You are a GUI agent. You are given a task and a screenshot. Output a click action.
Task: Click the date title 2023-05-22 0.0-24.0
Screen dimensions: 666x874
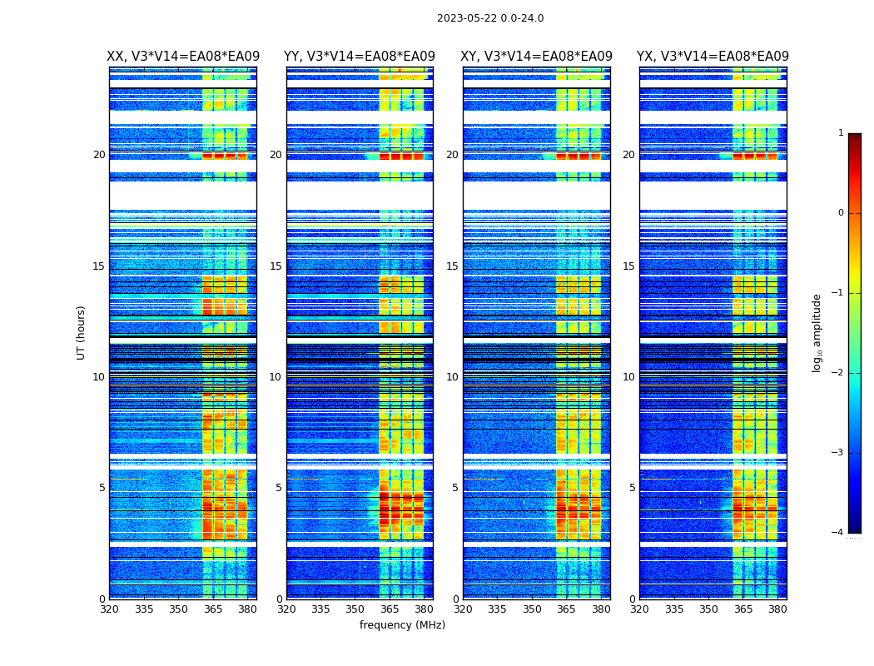coord(490,18)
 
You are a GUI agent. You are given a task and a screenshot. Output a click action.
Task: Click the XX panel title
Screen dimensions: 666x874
coord(183,57)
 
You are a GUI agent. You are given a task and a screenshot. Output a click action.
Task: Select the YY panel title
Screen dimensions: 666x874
coord(360,57)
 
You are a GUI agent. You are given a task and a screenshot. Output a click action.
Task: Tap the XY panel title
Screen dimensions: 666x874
coord(537,57)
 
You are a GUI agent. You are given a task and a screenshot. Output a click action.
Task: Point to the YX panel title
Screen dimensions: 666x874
coord(713,57)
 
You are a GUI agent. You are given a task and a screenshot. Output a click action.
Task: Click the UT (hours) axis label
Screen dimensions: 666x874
coord(82,333)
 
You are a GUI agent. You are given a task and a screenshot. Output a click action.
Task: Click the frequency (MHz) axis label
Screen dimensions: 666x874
coord(402,625)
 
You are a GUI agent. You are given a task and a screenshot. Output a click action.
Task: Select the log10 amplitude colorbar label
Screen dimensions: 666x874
coord(817,333)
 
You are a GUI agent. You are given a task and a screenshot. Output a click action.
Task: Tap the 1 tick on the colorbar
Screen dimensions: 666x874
coord(841,133)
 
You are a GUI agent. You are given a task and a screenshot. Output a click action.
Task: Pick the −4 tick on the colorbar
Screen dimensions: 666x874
coord(838,533)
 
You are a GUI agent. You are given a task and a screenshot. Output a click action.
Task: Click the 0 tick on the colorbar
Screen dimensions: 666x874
coord(841,213)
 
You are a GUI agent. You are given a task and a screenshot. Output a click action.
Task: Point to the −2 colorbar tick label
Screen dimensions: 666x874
coord(838,373)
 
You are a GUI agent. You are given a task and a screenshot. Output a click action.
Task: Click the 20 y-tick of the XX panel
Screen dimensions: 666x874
coord(99,155)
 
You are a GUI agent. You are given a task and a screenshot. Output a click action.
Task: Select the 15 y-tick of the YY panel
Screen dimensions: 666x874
coord(276,266)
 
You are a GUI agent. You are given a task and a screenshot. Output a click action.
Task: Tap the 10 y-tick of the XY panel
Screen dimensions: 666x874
coord(452,377)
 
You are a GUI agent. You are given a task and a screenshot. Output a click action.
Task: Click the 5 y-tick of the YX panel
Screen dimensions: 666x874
coord(632,488)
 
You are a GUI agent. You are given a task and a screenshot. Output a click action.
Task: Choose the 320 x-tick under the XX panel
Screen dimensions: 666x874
coord(109,609)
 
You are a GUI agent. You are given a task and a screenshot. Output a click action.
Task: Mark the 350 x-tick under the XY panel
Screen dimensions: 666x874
coord(532,609)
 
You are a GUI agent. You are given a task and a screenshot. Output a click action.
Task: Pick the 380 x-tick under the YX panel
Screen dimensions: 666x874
coord(777,609)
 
